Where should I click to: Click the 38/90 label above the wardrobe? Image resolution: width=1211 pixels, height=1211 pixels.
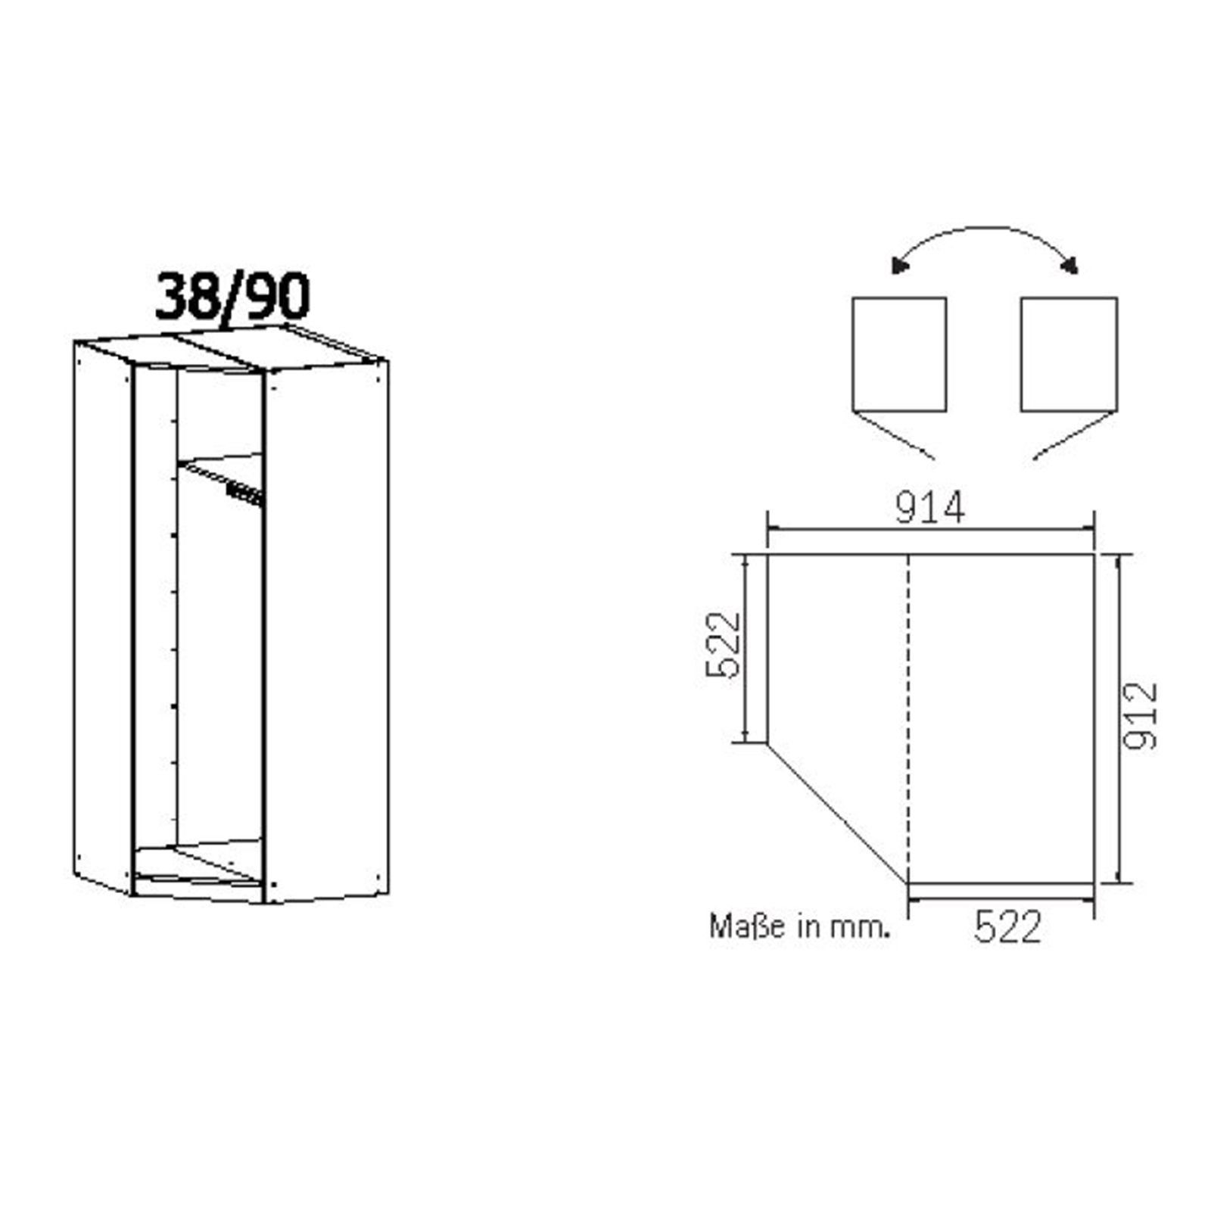point(232,296)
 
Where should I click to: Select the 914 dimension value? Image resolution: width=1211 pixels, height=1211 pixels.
point(929,507)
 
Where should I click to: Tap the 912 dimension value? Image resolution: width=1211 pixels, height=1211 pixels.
point(1140,716)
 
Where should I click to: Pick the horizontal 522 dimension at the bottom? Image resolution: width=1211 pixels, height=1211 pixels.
point(1007,926)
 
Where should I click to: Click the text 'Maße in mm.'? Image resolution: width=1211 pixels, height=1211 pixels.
point(799,926)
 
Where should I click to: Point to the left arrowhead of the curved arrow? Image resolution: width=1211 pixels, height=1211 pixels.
point(899,266)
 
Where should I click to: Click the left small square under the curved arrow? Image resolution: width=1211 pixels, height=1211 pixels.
point(899,354)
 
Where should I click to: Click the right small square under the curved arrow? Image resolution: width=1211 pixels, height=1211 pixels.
point(1069,354)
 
